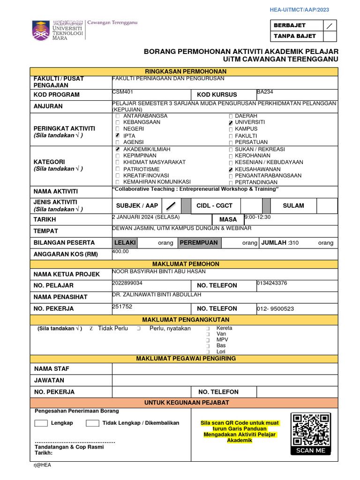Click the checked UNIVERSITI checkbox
(x=230, y=122)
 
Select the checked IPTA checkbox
(x=118, y=135)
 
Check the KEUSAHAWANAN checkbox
(x=230, y=169)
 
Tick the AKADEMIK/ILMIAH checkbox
(x=118, y=149)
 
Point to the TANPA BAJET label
(x=295, y=36)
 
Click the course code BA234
(x=265, y=92)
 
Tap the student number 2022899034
(x=127, y=283)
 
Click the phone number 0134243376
(x=272, y=283)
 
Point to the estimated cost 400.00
(x=120, y=251)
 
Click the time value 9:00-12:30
(x=257, y=217)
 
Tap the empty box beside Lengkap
(x=41, y=423)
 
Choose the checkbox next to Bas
(x=208, y=345)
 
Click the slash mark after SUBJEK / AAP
(x=172, y=205)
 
